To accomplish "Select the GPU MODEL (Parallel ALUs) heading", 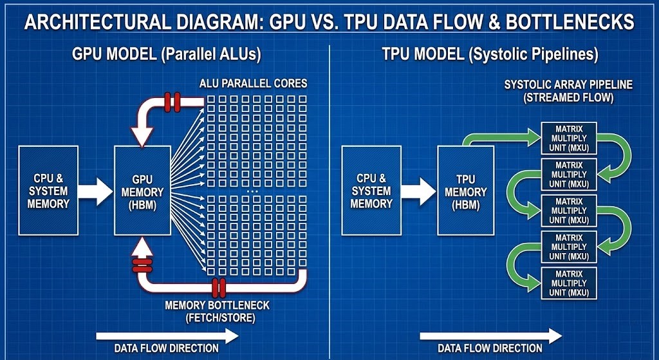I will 166,55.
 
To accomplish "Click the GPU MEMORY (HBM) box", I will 142,191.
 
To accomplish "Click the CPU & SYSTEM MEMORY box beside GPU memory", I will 49,191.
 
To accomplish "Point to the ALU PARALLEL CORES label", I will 254,83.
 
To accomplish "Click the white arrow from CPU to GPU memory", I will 95,191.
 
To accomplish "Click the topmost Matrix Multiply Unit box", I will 569,138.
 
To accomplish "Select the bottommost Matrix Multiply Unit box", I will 569,283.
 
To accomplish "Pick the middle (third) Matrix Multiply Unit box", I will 569,211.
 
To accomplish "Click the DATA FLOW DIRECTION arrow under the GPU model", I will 167,336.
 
